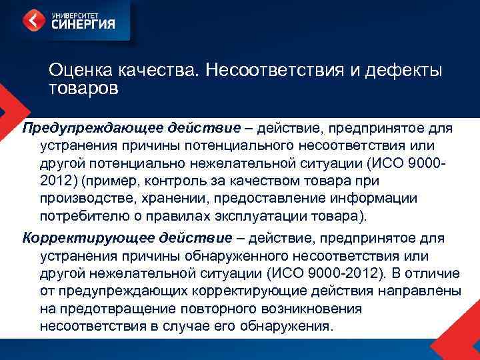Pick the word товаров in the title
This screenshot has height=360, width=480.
click(x=83, y=87)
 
